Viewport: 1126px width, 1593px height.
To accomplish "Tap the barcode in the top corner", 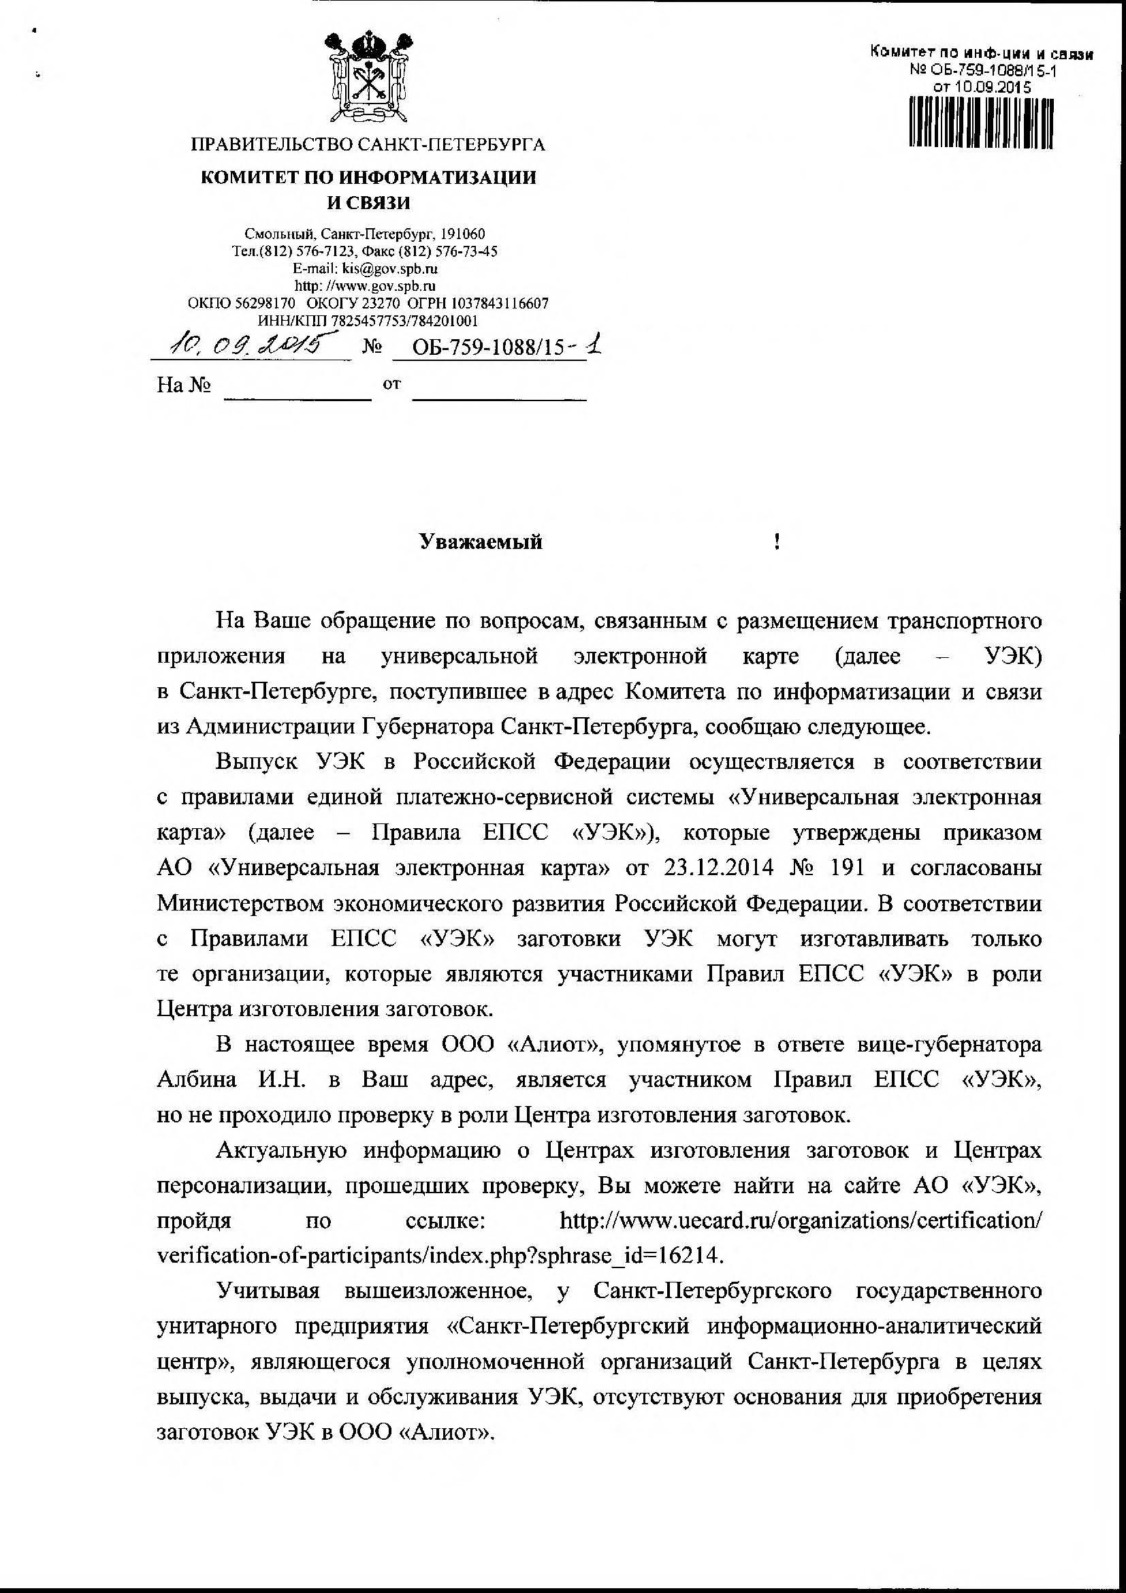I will coord(980,123).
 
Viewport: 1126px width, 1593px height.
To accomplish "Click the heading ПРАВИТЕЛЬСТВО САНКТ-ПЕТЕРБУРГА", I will coord(368,145).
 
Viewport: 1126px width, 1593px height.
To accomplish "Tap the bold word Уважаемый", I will coord(481,542).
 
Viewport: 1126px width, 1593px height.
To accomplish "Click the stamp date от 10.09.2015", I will coord(982,87).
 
